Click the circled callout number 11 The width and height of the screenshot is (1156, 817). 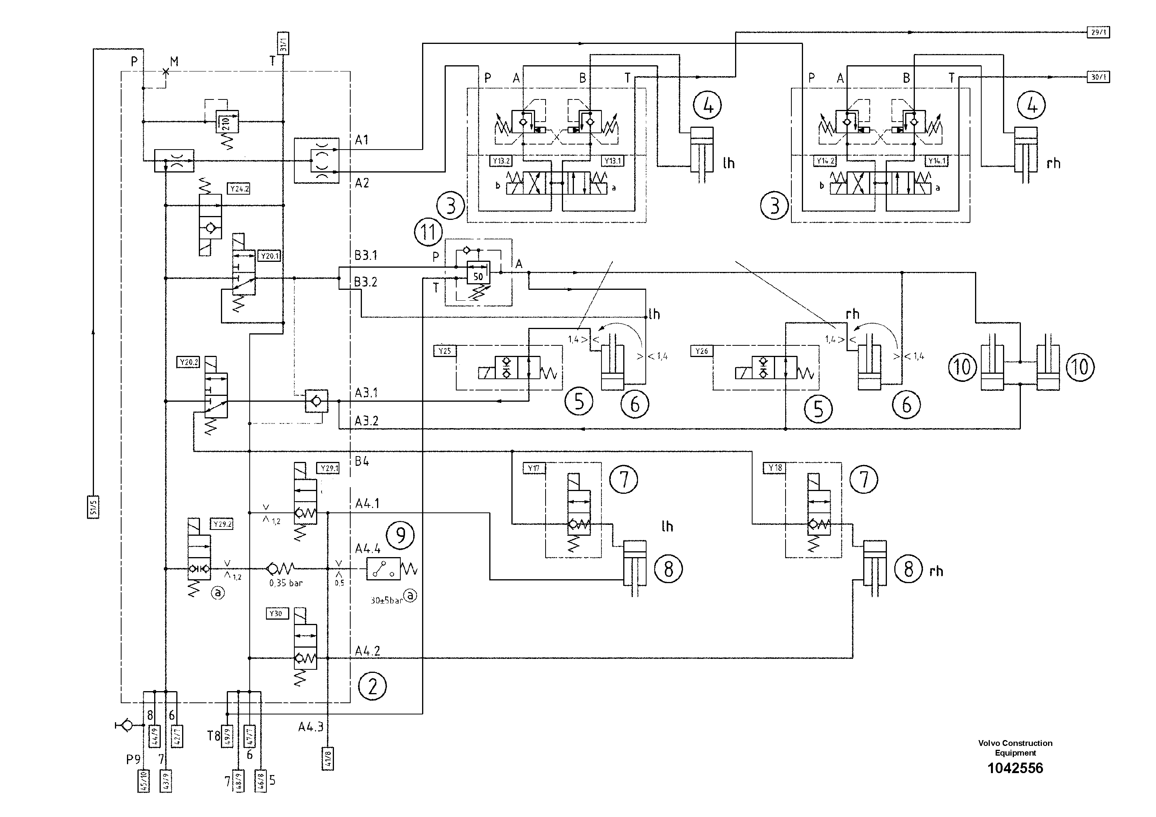tap(428, 232)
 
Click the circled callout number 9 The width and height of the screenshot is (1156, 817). tap(400, 535)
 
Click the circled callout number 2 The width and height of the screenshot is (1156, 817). tap(372, 686)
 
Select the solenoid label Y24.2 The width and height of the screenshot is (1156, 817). tap(239, 189)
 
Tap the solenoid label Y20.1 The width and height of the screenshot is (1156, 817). tap(270, 256)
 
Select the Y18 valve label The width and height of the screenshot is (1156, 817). tap(775, 468)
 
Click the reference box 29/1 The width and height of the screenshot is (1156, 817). tap(1098, 32)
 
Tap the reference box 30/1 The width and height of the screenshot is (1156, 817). tap(1098, 77)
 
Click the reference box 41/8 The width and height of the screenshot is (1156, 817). tap(327, 759)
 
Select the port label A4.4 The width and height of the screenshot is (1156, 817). tap(368, 549)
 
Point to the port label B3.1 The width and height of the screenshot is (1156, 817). tap(365, 255)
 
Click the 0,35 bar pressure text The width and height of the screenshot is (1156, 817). tap(285, 583)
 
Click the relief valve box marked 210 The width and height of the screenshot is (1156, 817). tap(226, 121)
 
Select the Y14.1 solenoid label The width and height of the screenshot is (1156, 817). tap(937, 161)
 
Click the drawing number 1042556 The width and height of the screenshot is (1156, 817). tap(1015, 768)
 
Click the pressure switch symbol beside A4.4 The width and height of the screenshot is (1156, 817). tap(384, 569)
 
